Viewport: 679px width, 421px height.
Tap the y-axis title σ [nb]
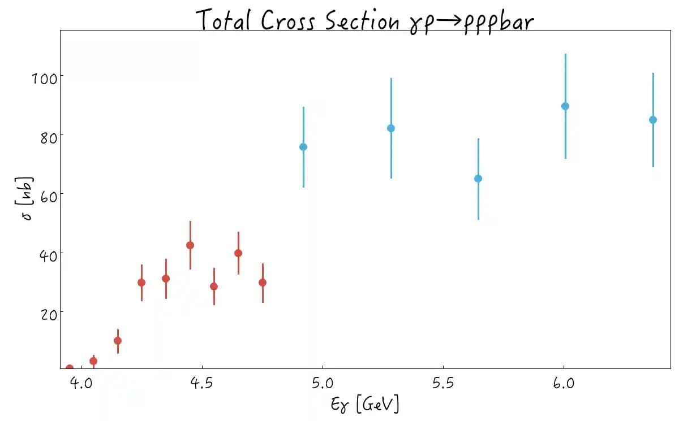coord(27,199)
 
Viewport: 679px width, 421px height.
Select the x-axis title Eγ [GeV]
coord(364,404)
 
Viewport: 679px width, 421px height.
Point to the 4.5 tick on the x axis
coord(203,384)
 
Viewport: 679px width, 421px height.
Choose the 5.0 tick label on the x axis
coord(323,384)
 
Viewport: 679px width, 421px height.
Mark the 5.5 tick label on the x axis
coord(443,384)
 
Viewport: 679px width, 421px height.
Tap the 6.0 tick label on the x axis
coord(564,384)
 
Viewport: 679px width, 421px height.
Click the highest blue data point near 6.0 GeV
coord(565,106)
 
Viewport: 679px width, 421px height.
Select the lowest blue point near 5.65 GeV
coord(478,179)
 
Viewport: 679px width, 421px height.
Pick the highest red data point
coord(190,245)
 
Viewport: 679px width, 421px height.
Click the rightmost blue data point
coord(653,120)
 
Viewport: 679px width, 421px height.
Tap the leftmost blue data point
coord(303,147)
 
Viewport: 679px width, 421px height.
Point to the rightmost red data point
coord(263,283)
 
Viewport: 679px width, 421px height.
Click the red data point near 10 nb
coord(118,341)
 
